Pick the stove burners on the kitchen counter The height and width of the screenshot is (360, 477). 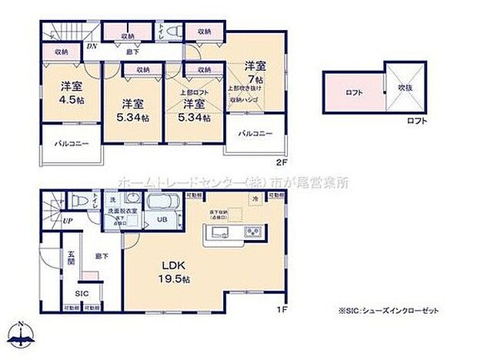click(252, 232)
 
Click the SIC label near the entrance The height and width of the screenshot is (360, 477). click(79, 293)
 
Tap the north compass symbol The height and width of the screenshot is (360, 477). click(24, 333)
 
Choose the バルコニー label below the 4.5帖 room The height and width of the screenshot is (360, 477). click(71, 143)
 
